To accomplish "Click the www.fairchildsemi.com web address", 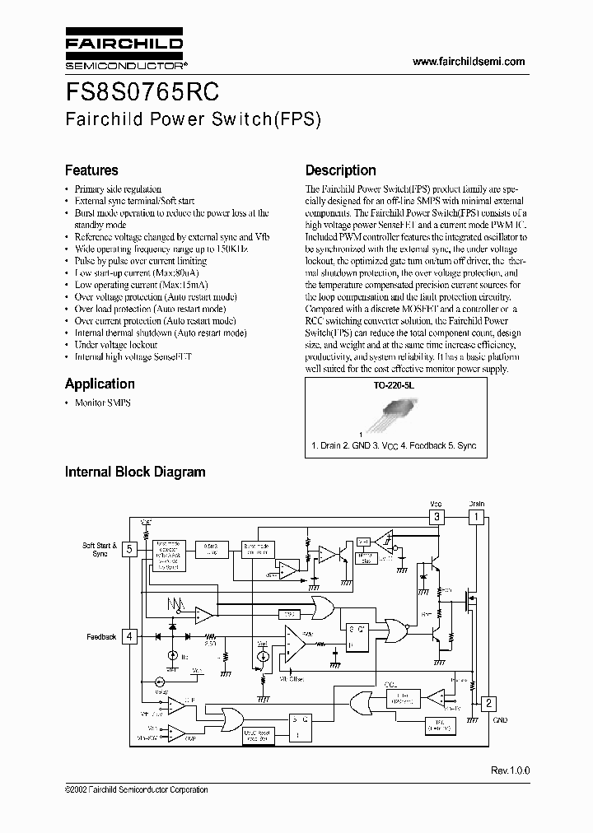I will (x=468, y=62).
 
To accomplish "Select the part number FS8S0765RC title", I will (x=142, y=90).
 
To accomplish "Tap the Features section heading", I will (x=91, y=170).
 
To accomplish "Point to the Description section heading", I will (x=340, y=170).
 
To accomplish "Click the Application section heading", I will (x=100, y=384).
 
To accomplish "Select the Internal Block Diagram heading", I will (x=135, y=472).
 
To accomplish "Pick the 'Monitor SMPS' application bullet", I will (x=102, y=403).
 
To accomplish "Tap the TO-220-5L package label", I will (x=391, y=384).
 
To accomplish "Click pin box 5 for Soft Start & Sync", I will (x=129, y=551).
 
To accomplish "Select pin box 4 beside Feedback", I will (x=129, y=635).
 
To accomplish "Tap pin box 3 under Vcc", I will (x=437, y=517).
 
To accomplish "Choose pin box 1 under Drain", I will (x=476, y=517).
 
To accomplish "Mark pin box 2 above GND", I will (x=488, y=703).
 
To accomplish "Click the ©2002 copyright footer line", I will (x=136, y=789).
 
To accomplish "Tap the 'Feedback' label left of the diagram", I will (x=100, y=636).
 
